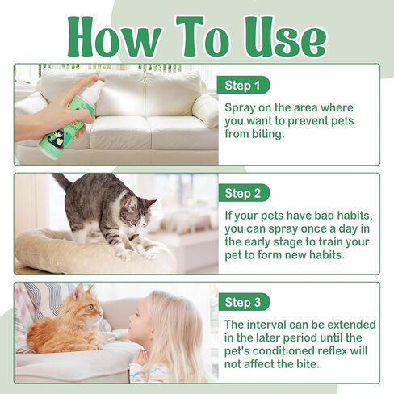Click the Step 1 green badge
[243, 85]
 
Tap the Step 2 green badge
[243, 193]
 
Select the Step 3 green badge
[243, 303]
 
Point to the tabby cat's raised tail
[61, 181]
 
